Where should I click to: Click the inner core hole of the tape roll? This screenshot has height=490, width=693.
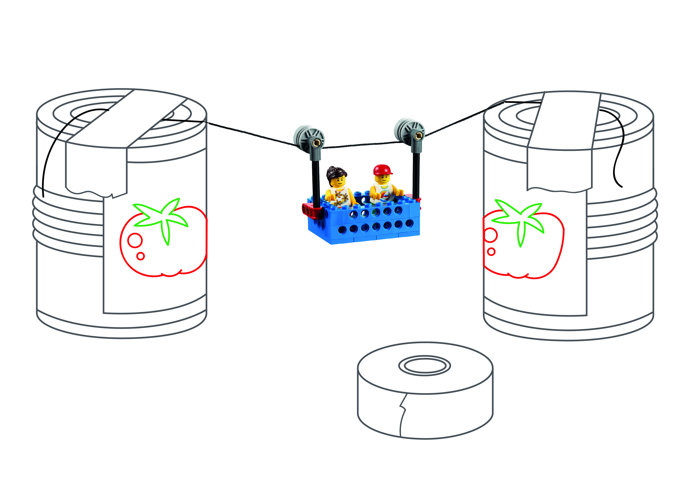point(425,366)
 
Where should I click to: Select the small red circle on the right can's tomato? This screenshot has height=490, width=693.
point(491,251)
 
